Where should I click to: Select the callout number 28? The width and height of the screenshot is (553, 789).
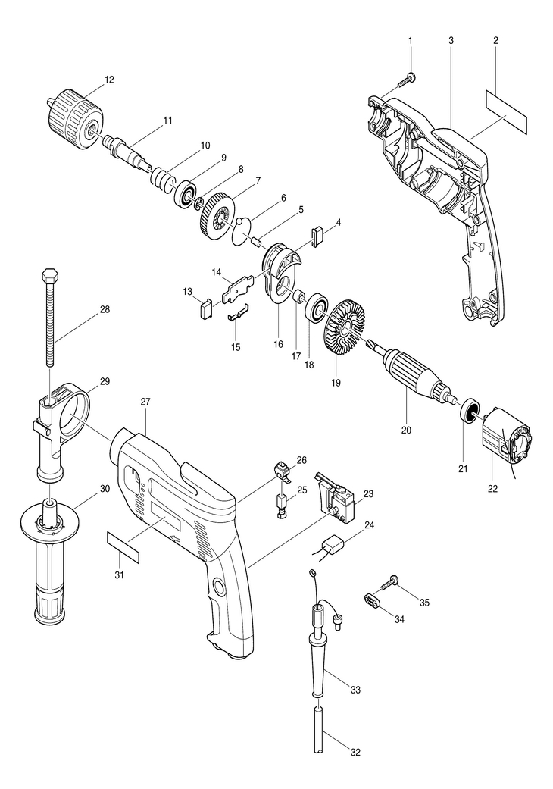pos(105,309)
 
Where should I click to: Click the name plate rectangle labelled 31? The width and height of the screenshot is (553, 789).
pos(123,546)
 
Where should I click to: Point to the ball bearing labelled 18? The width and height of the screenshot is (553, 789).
pos(314,307)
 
